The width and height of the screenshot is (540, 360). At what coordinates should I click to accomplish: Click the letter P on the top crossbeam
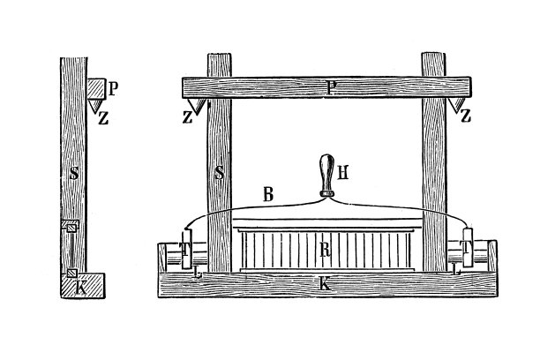[330, 87]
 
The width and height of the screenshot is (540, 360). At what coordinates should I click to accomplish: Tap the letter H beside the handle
[344, 174]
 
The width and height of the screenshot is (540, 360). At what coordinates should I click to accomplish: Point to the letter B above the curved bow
[268, 191]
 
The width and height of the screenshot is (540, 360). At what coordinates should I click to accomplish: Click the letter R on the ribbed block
[325, 251]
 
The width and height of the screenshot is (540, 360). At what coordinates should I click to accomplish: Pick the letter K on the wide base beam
[325, 283]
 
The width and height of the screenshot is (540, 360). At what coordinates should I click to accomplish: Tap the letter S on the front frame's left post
[218, 173]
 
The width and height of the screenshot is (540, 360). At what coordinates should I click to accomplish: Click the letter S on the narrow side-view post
[74, 174]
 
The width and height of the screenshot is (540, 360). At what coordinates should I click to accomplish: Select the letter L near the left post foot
[198, 272]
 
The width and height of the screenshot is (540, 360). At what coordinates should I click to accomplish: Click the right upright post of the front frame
[432, 176]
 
